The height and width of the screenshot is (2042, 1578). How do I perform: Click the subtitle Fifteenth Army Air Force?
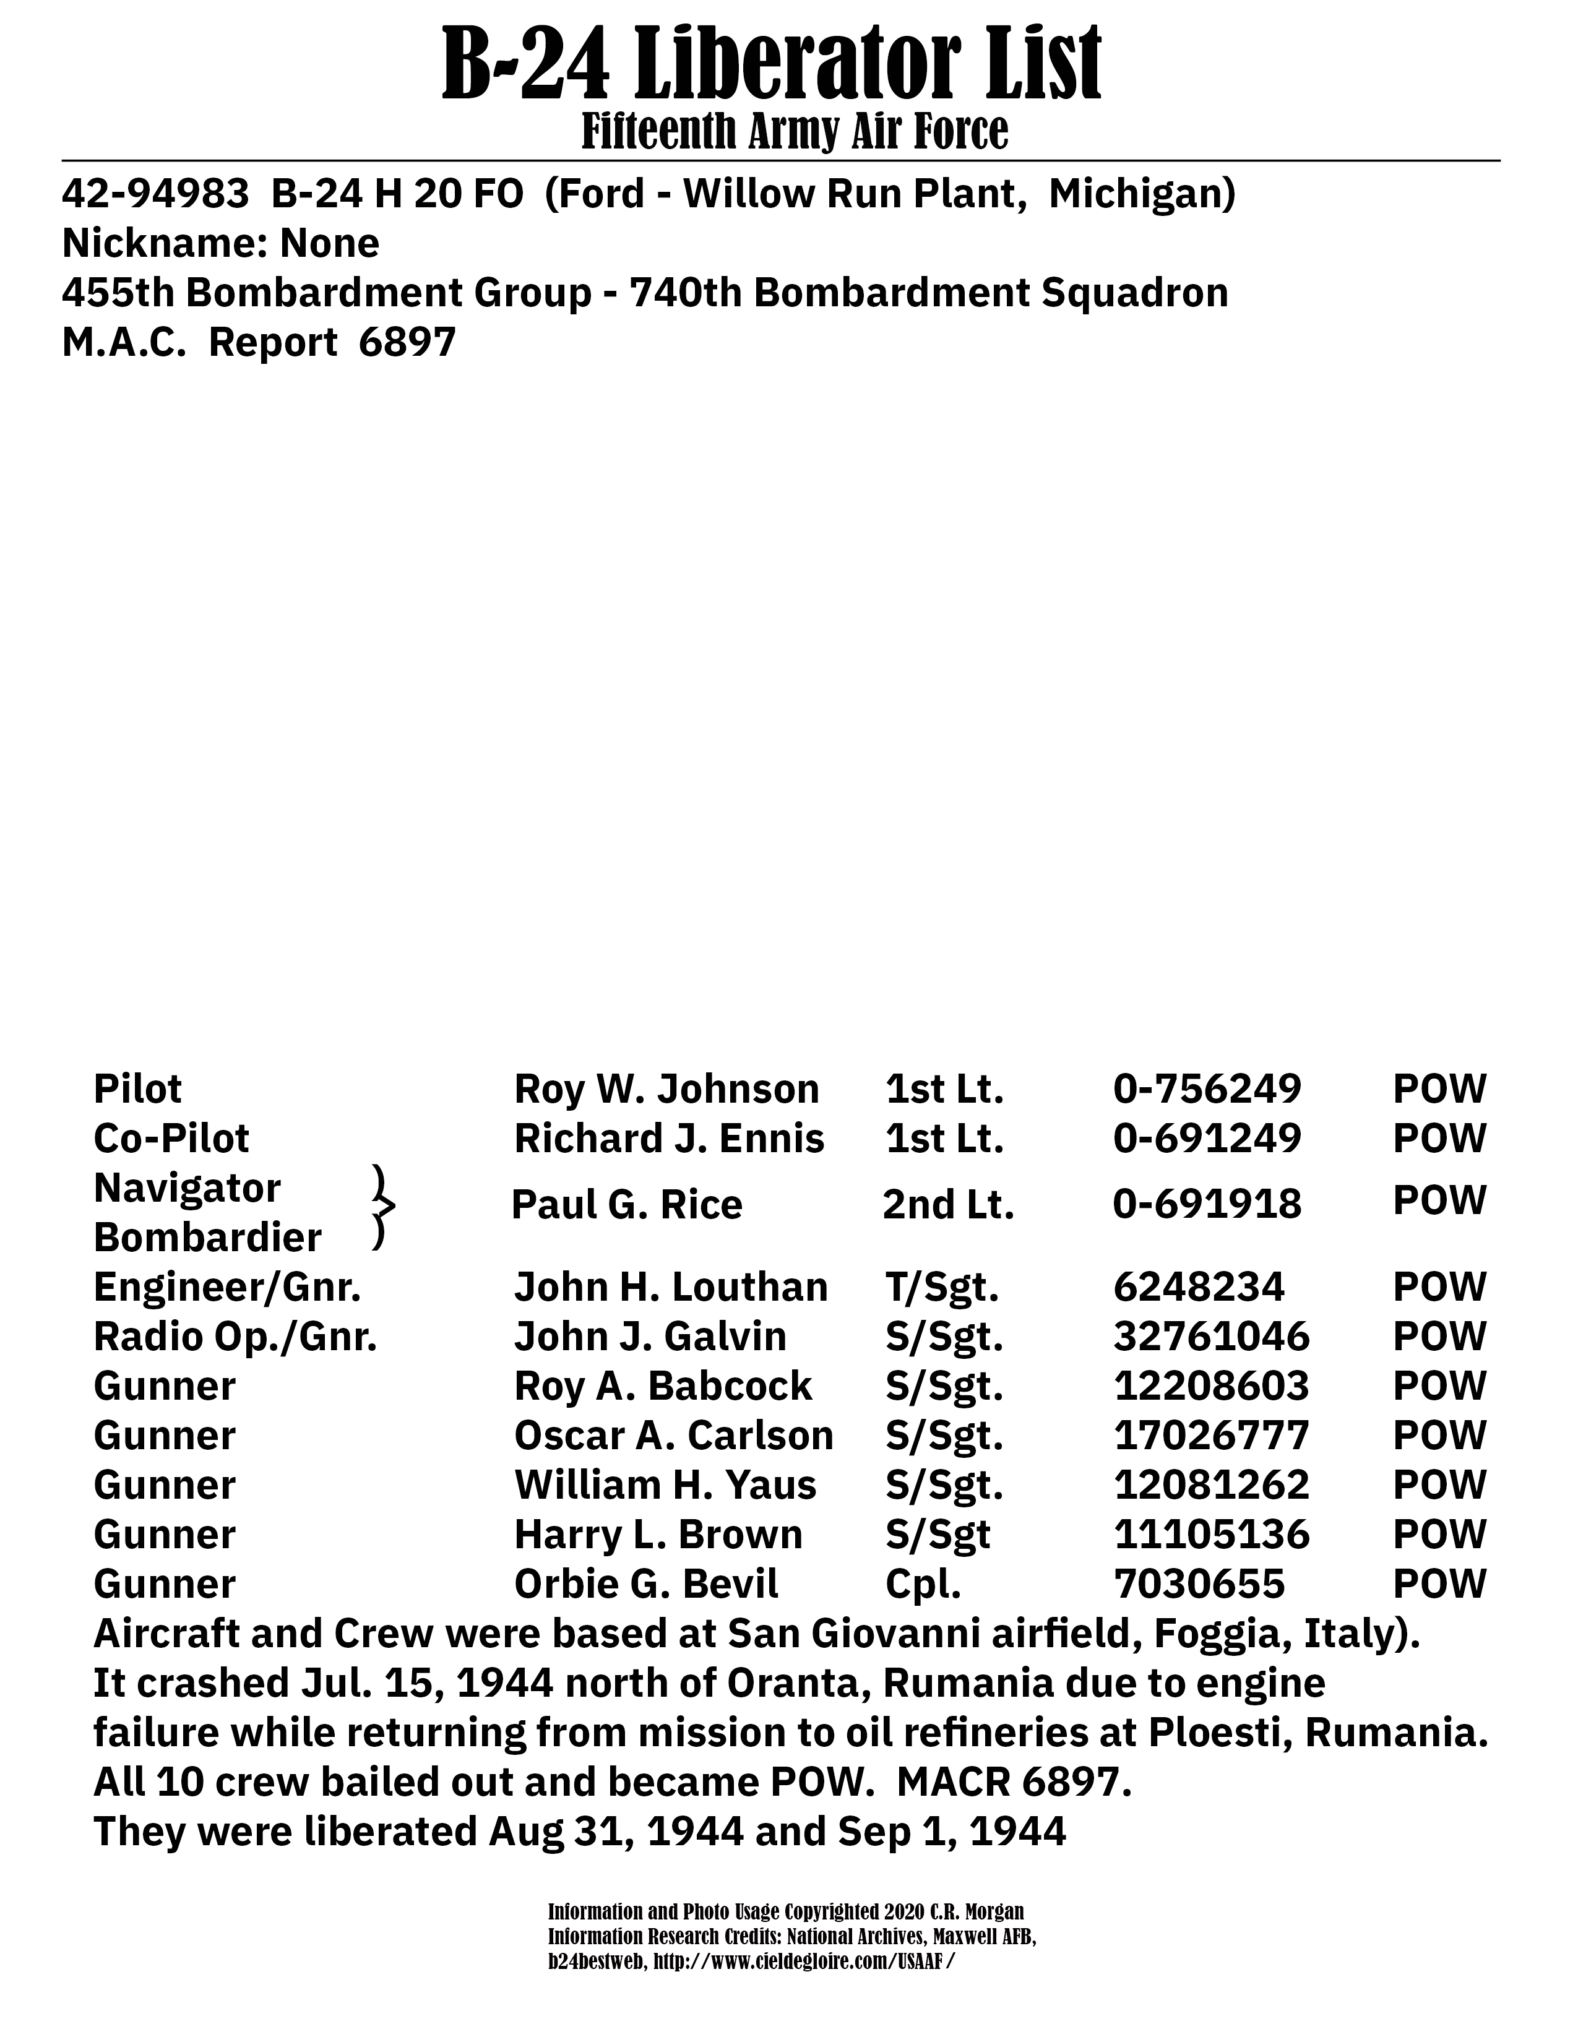pyautogui.click(x=795, y=131)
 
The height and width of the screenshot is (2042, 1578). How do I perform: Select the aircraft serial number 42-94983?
pyautogui.click(x=155, y=194)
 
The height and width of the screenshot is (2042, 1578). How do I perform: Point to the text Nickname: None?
pyautogui.click(x=221, y=244)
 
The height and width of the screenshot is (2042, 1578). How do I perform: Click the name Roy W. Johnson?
pyautogui.click(x=666, y=1089)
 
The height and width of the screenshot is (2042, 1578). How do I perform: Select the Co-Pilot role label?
pyautogui.click(x=171, y=1139)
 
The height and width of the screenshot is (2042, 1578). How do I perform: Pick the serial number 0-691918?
pyautogui.click(x=1207, y=1204)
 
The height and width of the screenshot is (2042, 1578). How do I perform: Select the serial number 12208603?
pyautogui.click(x=1210, y=1385)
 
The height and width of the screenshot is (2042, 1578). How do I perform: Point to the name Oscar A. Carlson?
pyautogui.click(x=673, y=1435)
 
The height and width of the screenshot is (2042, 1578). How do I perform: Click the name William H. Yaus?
pyautogui.click(x=665, y=1484)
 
